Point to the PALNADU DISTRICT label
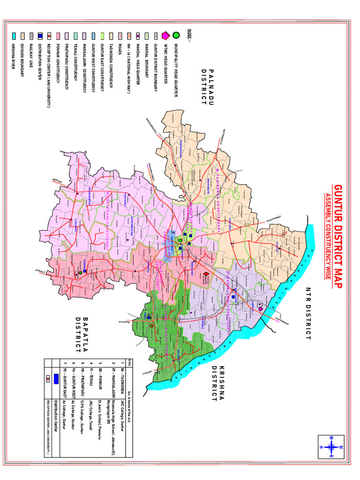tap(207, 88)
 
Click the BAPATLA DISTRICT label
tap(82, 335)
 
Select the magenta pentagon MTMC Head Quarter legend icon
tap(165, 35)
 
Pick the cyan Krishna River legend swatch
tap(15, 36)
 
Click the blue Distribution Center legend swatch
tap(40, 36)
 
